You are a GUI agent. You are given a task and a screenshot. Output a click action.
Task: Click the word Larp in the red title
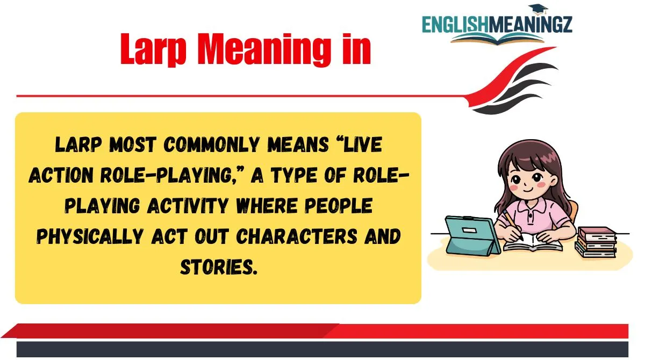(x=153, y=49)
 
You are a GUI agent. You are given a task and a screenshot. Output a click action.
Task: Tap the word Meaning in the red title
(x=264, y=49)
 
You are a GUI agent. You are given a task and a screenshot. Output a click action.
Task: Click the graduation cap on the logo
(x=538, y=10)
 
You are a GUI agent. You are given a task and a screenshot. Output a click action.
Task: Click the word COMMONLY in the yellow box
(x=212, y=145)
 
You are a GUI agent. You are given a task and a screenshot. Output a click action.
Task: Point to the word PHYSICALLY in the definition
(x=90, y=236)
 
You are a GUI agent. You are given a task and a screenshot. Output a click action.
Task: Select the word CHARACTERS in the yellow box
(x=297, y=236)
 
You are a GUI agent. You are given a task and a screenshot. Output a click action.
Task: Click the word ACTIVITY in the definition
(x=188, y=206)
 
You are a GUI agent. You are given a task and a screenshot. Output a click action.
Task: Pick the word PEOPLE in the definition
(x=339, y=205)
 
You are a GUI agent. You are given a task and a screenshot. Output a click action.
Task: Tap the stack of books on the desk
(x=596, y=242)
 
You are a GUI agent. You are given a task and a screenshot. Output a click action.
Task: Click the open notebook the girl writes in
(x=533, y=244)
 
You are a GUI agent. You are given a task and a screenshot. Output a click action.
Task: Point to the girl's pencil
(x=513, y=225)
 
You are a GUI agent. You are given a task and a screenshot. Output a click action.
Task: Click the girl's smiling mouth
(x=527, y=190)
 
